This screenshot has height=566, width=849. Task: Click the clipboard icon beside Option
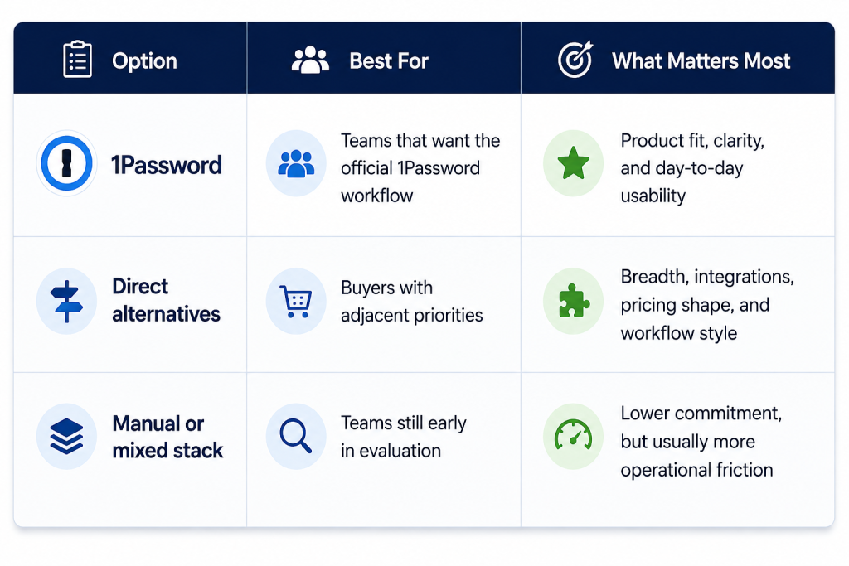coord(77,59)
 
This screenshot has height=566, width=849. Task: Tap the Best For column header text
coord(389,61)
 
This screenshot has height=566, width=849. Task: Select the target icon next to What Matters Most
coord(575,60)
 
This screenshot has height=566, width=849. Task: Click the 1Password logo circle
coord(66,163)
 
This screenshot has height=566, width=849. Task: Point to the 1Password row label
coord(167,165)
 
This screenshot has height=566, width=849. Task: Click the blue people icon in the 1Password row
coord(296,163)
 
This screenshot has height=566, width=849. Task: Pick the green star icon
coord(574,163)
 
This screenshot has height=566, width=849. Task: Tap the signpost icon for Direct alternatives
coord(66,302)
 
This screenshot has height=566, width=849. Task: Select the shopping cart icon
coord(296,301)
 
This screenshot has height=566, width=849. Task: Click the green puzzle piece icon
coord(574,301)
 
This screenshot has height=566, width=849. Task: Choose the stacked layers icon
coord(66,436)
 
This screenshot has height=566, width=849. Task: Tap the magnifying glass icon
coord(296,436)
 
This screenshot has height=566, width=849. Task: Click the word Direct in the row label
coord(140,286)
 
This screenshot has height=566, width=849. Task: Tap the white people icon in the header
coord(310,60)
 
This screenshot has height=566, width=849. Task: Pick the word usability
coord(653,196)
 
